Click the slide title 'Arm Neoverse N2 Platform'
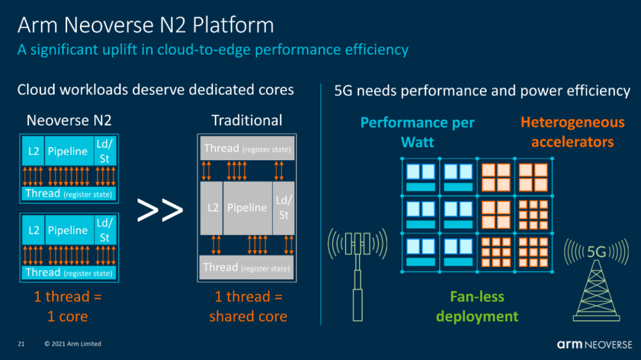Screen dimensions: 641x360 pyautogui.click(x=145, y=26)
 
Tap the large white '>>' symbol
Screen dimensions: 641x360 pyautogui.click(x=160, y=210)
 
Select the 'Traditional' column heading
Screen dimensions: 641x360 pyautogui.click(x=246, y=120)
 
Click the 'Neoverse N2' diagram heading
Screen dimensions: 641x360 pyautogui.click(x=69, y=120)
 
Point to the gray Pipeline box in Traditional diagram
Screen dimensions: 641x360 pyautogui.click(x=247, y=208)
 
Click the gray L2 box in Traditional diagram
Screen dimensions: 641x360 pyautogui.click(x=212, y=208)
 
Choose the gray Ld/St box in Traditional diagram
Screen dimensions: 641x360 pyautogui.click(x=284, y=208)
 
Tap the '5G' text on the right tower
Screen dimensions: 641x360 pyautogui.click(x=596, y=251)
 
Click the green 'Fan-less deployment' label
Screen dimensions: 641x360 pyautogui.click(x=477, y=307)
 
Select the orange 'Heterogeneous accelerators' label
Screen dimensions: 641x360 pyautogui.click(x=572, y=132)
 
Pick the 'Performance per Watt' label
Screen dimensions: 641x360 pyautogui.click(x=417, y=132)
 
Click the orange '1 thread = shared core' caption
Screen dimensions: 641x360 pyautogui.click(x=248, y=307)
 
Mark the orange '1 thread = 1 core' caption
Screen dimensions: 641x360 pyautogui.click(x=68, y=307)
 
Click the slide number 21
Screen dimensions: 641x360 pyautogui.click(x=21, y=344)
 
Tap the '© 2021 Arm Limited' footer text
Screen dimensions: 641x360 pyautogui.click(x=73, y=344)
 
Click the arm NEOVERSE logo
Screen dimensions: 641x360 pyautogui.click(x=594, y=345)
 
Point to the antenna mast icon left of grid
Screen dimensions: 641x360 pyautogui.click(x=358, y=275)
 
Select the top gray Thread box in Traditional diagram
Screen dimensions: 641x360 pyautogui.click(x=247, y=148)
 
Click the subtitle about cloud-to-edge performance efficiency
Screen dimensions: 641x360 pyautogui.click(x=212, y=50)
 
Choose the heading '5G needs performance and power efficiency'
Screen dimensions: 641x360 pyautogui.click(x=482, y=91)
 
